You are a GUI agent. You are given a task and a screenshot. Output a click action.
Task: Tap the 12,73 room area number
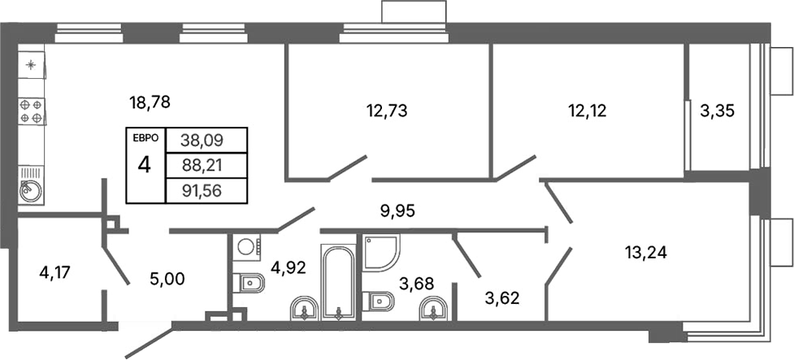(x=386, y=111)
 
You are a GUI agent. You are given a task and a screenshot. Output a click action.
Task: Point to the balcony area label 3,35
(x=718, y=111)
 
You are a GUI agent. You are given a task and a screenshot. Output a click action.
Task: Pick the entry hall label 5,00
(x=168, y=279)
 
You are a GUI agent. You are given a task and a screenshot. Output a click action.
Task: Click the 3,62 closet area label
(x=501, y=297)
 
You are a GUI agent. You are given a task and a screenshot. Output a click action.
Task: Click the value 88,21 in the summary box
(x=204, y=167)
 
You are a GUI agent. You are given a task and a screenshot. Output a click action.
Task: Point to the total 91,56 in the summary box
(x=204, y=192)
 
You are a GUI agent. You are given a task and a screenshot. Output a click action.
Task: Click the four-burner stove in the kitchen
(x=31, y=111)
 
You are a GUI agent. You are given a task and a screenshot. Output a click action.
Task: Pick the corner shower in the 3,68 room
(x=379, y=252)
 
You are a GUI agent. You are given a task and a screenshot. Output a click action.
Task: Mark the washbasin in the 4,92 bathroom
(x=305, y=308)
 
